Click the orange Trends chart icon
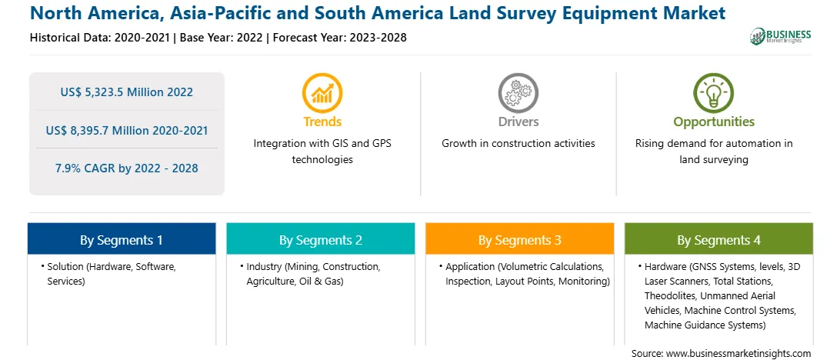[x=322, y=92]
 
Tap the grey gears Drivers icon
[x=518, y=92]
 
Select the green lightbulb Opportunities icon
[x=714, y=92]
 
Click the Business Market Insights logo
[x=781, y=36]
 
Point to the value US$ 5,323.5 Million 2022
[x=126, y=92]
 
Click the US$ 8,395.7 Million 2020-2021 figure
[x=126, y=130]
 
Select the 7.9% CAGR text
[x=126, y=168]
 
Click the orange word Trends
[x=322, y=122]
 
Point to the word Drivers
[x=518, y=122]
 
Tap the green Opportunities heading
[x=714, y=122]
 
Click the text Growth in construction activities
[x=518, y=144]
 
